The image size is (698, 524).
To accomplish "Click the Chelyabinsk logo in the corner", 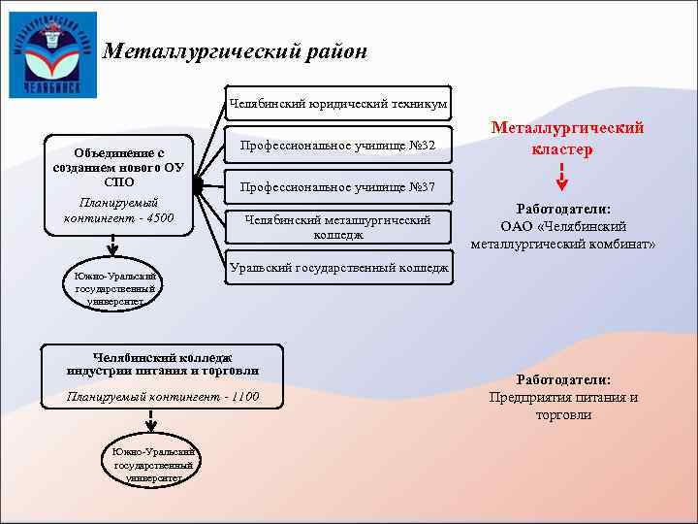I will pyautogui.click(x=52, y=52).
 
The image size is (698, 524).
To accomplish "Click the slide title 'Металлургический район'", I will pyautogui.click(x=236, y=50).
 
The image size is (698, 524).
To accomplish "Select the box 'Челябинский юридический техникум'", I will pyautogui.click(x=337, y=102).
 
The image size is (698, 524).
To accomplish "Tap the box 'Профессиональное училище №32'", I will pyautogui.click(x=337, y=146).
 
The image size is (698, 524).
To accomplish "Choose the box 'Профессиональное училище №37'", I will pyautogui.click(x=337, y=186).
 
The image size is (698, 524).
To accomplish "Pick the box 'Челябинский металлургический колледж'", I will pyautogui.click(x=337, y=227).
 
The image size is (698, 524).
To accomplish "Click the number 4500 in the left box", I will pyautogui.click(x=156, y=217).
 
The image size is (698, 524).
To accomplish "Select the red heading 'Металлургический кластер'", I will pyautogui.click(x=567, y=139).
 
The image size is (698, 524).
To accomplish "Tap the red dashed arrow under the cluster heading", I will pyautogui.click(x=562, y=177).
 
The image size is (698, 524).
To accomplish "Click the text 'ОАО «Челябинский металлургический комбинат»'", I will pyautogui.click(x=563, y=235).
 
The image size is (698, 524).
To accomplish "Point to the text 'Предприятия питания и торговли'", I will pyautogui.click(x=563, y=406).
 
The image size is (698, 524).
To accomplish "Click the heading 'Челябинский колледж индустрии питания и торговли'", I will pyautogui.click(x=163, y=364).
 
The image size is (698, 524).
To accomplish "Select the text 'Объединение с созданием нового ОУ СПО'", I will pyautogui.click(x=118, y=167).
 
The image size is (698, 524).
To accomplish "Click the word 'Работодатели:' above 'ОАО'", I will pyautogui.click(x=563, y=209).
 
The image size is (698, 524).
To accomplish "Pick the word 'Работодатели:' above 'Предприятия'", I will pyautogui.click(x=563, y=379).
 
